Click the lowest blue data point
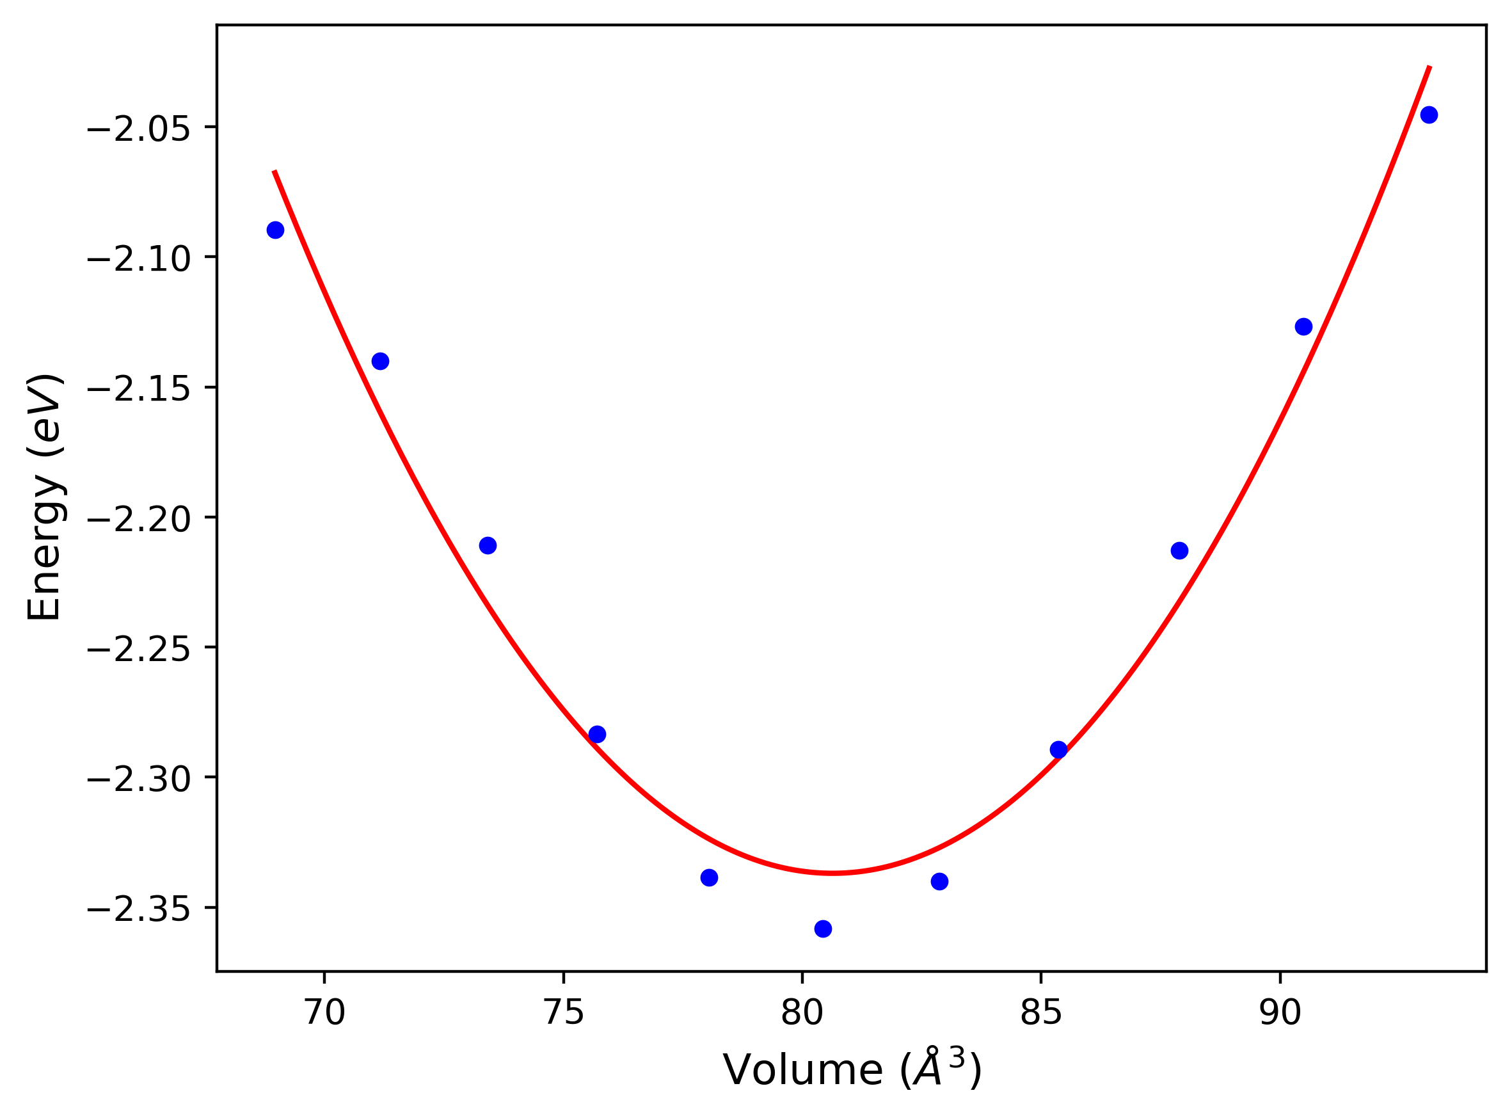coord(823,929)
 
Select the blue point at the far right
coord(1429,115)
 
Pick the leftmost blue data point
coord(275,230)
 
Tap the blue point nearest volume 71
coord(380,361)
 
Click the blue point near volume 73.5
coord(488,545)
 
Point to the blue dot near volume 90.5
coord(1303,327)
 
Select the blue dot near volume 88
coord(1180,551)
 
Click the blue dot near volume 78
coord(709,878)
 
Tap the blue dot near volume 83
coord(940,881)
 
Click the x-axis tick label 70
coord(324,1013)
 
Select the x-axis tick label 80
coord(802,1013)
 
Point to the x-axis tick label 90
coord(1280,1013)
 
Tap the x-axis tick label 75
coord(564,1013)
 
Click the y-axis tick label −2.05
coord(139,129)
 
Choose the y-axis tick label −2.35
coord(139,909)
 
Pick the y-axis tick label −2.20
coord(139,520)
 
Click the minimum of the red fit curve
coord(834,873)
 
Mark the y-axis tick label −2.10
coord(139,259)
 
